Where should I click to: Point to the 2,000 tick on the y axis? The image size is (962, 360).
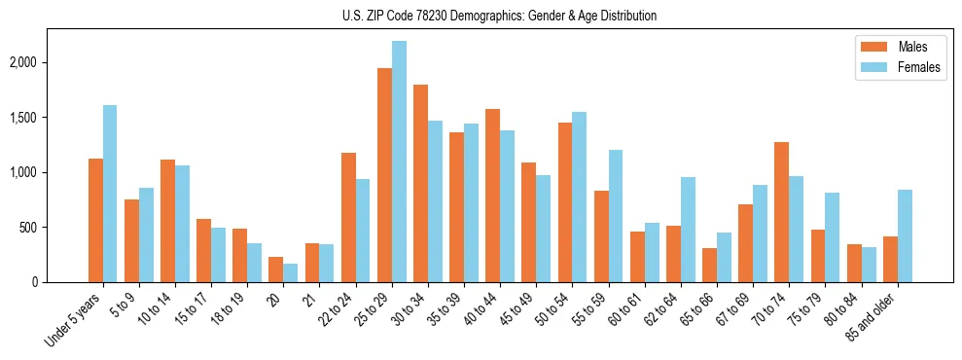coord(24,62)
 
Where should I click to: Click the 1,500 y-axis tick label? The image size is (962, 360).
coord(24,118)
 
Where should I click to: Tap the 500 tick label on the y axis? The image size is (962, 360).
coord(30,228)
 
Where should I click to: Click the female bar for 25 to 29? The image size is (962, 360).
coord(399,162)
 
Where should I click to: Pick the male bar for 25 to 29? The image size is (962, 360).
coord(384,175)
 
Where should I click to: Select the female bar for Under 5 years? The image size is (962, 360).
coord(110,194)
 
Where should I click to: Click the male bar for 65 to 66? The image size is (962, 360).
coord(709,265)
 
